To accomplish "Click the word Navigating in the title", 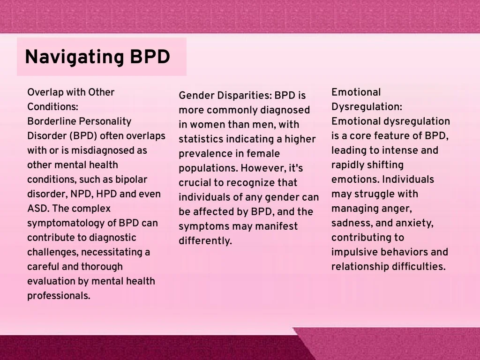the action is click(x=75, y=57).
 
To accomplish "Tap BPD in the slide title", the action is click(x=150, y=57).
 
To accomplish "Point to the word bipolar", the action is click(x=131, y=180).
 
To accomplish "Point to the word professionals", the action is click(x=59, y=296).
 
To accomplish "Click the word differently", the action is click(x=205, y=241).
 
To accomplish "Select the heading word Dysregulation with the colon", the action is click(x=367, y=107).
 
